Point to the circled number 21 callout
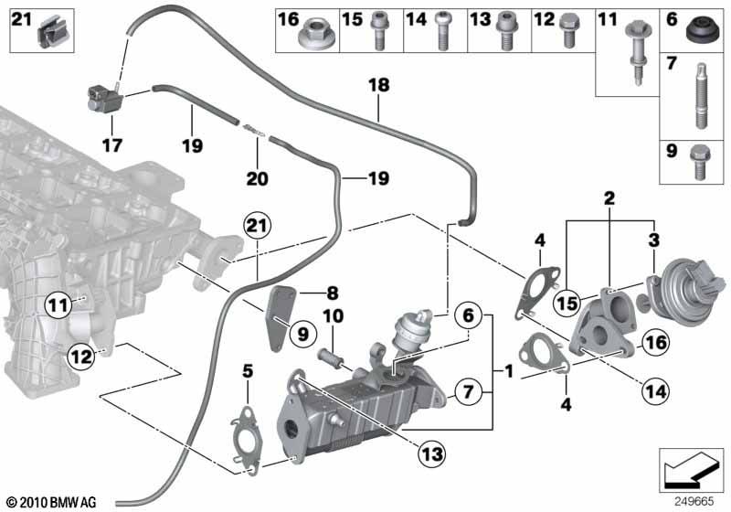point(259,225)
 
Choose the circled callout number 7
point(467,392)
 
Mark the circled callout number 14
point(652,392)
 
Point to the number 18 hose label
point(377,86)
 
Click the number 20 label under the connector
point(258,178)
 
